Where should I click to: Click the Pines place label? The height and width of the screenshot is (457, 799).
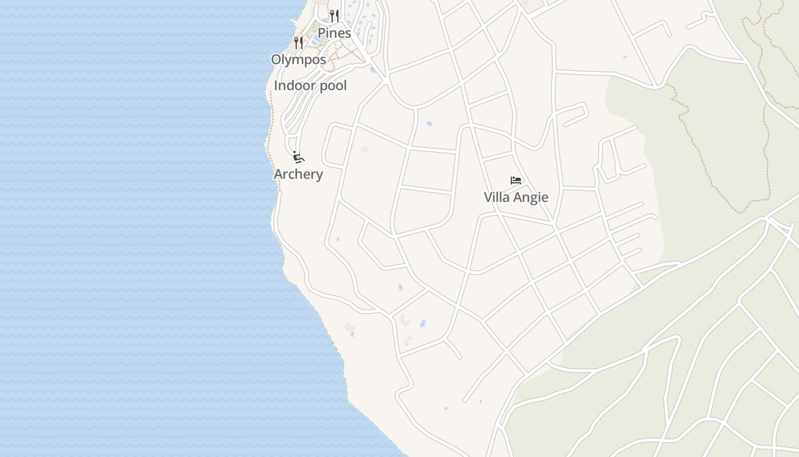coord(334,33)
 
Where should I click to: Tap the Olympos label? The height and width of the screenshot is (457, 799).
coord(298,59)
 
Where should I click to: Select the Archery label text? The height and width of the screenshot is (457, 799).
coord(298,174)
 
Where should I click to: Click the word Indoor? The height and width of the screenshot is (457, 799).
coord(293,86)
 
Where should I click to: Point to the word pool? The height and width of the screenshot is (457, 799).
coord(332,86)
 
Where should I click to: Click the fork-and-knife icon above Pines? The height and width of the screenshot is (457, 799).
coord(334,15)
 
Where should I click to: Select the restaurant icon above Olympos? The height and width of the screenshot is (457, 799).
coord(298,42)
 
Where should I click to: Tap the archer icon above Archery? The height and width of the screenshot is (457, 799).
coord(298,157)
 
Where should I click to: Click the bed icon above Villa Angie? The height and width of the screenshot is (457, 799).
coord(516,181)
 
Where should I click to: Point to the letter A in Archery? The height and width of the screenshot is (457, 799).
coord(279,174)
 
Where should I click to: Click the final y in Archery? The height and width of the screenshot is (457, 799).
coord(319,176)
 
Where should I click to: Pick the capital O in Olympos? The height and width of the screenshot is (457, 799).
coord(277,59)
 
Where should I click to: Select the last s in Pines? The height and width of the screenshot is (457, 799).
coord(348,34)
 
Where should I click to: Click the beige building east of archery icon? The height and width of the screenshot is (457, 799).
coord(364,149)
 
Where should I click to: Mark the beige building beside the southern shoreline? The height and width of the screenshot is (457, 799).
coord(349,327)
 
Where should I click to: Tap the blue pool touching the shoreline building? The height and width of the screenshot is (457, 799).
coord(353,334)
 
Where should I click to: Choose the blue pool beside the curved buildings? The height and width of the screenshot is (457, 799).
coord(422,324)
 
